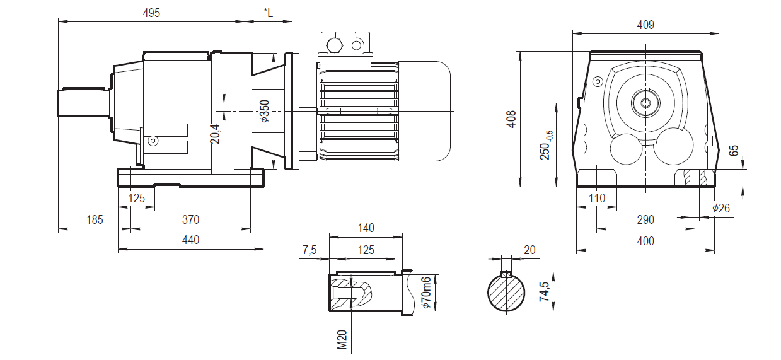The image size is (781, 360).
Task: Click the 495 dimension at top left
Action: [x=151, y=13]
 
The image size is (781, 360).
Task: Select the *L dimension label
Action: [x=268, y=13]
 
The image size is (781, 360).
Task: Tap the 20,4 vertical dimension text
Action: [x=215, y=134]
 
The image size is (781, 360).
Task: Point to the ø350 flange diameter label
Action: [x=265, y=111]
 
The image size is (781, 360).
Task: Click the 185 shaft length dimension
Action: [x=95, y=220]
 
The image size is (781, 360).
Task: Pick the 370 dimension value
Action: [x=190, y=220]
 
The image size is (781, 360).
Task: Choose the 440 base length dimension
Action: [x=190, y=240]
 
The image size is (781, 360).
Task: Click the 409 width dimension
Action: [x=645, y=25]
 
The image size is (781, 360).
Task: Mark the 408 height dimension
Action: [x=512, y=120]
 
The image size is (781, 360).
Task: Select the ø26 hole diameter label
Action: [x=720, y=208]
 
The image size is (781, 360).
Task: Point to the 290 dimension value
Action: [x=645, y=220]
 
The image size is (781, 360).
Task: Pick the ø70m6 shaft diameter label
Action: [x=426, y=293]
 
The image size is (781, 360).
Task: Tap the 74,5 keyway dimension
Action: [x=547, y=292]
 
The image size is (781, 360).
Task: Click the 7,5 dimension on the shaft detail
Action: [x=310, y=250]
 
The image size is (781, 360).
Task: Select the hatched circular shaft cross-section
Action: [x=507, y=294]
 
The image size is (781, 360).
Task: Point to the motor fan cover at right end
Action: [x=424, y=111]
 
